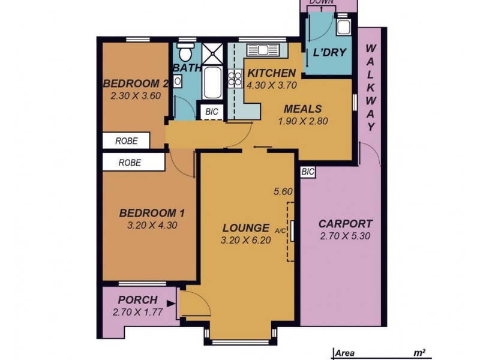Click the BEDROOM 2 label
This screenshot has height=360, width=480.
click(x=134, y=83)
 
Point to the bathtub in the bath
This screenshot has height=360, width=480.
click(x=212, y=84)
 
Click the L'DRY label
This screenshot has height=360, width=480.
click(x=329, y=52)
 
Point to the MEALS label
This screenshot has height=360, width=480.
click(x=302, y=109)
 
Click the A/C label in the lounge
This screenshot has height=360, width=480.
click(x=280, y=230)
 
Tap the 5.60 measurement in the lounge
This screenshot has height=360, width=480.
click(x=282, y=192)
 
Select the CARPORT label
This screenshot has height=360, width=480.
click(x=345, y=223)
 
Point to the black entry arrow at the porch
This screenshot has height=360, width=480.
click(x=172, y=305)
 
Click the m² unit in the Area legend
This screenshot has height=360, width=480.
click(x=419, y=353)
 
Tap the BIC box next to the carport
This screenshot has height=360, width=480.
click(x=308, y=172)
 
